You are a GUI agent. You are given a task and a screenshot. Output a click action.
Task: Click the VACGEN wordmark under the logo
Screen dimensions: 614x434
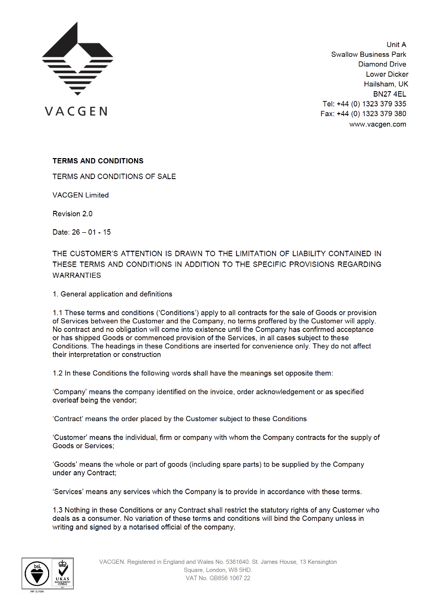[x=76, y=111]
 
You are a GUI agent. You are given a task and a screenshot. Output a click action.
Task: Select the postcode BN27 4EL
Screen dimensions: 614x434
[x=389, y=94]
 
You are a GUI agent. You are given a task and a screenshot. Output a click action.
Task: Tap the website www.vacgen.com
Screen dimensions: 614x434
[x=378, y=124]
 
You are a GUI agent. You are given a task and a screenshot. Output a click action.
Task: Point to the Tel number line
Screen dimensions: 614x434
[x=364, y=104]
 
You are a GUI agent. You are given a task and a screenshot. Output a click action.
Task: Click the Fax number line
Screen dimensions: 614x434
[x=363, y=114]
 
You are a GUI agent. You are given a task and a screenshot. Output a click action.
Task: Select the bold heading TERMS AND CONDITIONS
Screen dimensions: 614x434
[x=98, y=161]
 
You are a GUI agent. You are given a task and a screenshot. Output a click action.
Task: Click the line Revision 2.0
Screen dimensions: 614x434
[x=73, y=214]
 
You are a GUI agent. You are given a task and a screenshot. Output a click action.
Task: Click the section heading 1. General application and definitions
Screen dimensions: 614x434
[x=113, y=294]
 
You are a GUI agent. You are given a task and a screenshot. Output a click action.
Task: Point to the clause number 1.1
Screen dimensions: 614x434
[x=58, y=313]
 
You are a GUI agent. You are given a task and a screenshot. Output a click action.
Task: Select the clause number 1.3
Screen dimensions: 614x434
[x=58, y=510]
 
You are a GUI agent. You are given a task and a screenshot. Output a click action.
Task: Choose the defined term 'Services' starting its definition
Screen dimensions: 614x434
[x=68, y=492]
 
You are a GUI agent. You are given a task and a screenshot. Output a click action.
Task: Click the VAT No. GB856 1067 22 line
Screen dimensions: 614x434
[x=218, y=578]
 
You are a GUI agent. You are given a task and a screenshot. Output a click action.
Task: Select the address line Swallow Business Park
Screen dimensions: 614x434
[x=368, y=55]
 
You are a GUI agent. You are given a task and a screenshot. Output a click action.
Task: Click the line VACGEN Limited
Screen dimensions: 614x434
[x=80, y=195]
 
